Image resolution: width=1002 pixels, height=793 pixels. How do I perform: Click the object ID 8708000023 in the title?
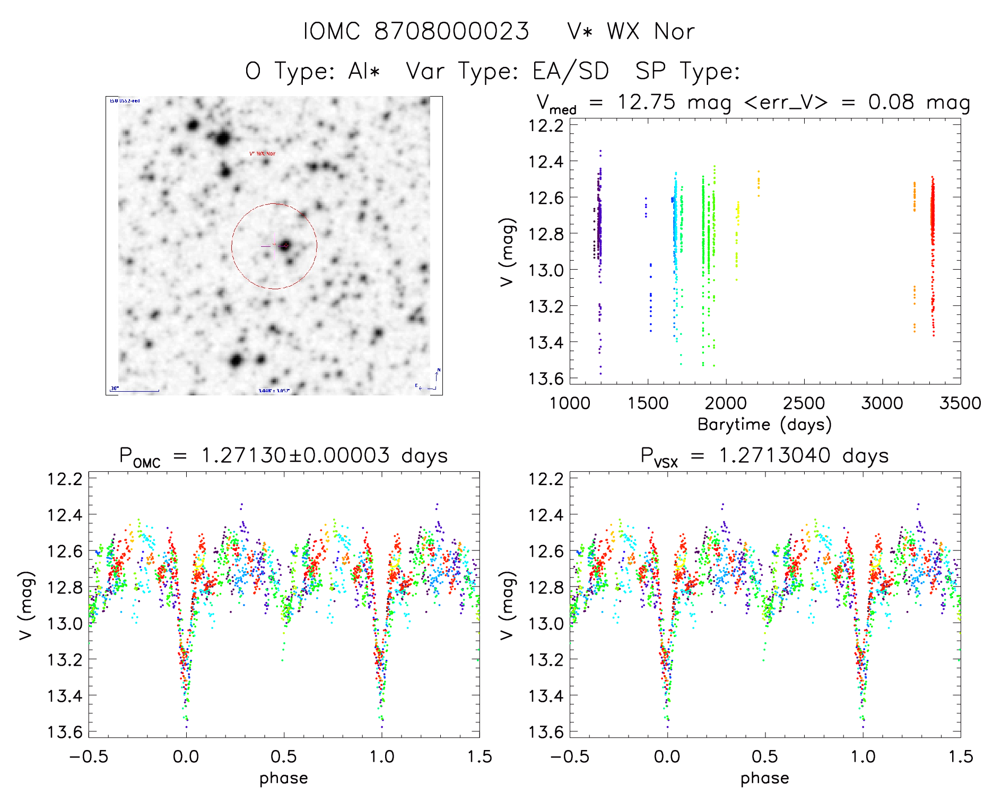pos(451,31)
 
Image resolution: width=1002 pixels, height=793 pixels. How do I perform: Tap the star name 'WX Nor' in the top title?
pos(650,32)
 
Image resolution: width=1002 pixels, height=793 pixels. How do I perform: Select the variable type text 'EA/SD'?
pos(570,71)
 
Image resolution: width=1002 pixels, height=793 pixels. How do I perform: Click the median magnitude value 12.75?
pos(646,102)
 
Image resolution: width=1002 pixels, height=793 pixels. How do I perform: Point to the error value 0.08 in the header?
pos(891,102)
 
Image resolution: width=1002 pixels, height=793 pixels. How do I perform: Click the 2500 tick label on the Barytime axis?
pos(804,403)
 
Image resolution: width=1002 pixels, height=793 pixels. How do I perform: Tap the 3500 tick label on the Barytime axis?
pos(960,403)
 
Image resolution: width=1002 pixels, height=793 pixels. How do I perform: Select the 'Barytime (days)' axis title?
pos(764,424)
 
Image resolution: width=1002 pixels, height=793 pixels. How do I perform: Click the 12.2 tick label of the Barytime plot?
pos(546,125)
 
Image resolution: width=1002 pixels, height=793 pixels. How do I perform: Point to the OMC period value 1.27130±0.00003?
pos(295,455)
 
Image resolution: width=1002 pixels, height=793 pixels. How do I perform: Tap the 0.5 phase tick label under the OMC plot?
pos(284,756)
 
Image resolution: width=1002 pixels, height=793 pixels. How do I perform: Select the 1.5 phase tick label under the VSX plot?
pos(960,756)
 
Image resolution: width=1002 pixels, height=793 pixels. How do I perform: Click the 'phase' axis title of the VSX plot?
pos(764,778)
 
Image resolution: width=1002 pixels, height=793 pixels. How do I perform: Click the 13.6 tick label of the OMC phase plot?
pos(65,731)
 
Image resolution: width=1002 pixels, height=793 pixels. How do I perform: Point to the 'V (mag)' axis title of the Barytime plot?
pos(507,252)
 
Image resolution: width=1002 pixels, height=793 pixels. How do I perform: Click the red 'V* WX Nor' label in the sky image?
pos(263,153)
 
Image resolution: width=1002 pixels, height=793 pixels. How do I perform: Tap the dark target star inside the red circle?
pos(285,245)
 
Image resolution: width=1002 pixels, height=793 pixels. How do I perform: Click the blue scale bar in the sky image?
pos(135,391)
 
